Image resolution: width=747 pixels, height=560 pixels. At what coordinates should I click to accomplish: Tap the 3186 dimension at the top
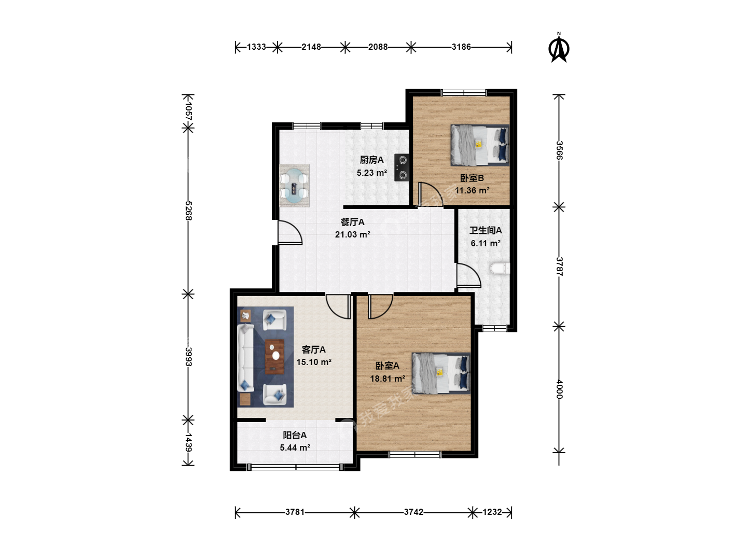(461, 47)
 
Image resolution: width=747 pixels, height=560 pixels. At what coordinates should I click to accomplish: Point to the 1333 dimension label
(256, 47)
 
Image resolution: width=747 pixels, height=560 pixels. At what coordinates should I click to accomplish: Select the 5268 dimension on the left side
(188, 211)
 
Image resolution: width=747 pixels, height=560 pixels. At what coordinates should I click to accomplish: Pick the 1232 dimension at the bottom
(492, 512)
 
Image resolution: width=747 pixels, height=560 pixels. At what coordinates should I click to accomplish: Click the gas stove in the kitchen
(402, 167)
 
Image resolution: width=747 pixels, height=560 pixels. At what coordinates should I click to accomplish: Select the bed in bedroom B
(480, 145)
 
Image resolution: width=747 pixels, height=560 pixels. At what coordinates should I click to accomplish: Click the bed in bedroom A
(441, 373)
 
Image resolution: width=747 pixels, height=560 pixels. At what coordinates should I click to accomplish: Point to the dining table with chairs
(294, 186)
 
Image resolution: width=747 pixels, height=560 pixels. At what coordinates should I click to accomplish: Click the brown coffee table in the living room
(274, 357)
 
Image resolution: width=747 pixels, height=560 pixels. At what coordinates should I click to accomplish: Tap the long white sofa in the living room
(246, 358)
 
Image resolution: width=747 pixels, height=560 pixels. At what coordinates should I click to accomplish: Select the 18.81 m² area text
(388, 379)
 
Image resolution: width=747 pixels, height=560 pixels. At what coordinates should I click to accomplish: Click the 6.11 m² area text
(486, 243)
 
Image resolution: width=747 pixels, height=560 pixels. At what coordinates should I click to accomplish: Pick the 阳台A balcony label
(295, 435)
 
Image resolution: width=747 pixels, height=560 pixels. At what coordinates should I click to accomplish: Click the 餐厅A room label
(353, 222)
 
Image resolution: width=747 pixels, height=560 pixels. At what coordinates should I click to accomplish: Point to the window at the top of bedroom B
(464, 92)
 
